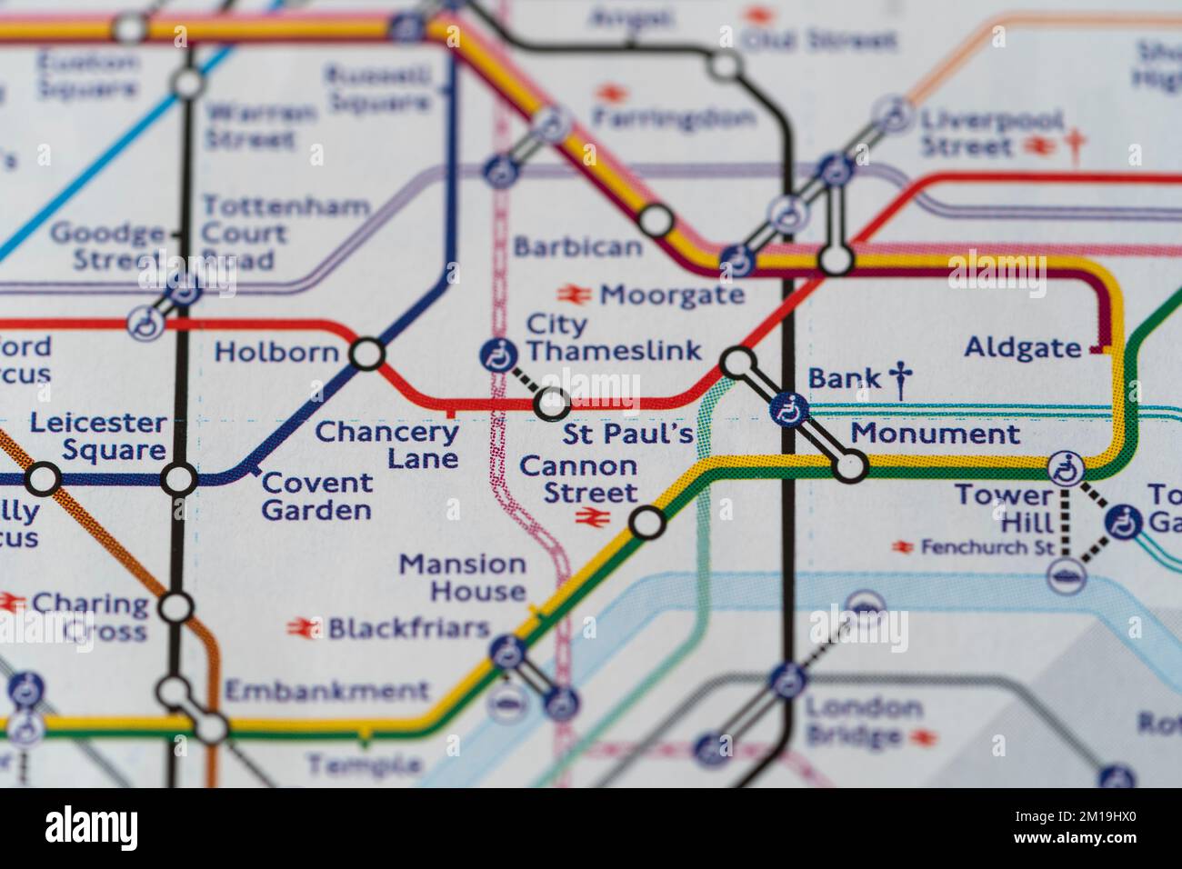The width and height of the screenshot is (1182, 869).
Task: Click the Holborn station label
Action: (x=276, y=352)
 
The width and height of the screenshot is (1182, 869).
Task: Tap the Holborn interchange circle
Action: (x=367, y=355)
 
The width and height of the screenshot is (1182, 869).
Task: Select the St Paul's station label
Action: (x=627, y=434)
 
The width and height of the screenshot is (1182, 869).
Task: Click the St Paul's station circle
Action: (x=552, y=403)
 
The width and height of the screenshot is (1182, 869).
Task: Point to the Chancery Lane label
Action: (x=387, y=444)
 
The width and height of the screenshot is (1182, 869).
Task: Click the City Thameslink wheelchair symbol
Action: (x=497, y=354)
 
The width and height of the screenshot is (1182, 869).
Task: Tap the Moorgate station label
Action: (x=672, y=295)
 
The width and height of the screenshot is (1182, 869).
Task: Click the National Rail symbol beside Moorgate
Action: (x=576, y=294)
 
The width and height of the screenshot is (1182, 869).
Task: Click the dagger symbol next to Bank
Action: (x=900, y=379)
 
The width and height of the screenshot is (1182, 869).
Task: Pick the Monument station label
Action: (x=935, y=434)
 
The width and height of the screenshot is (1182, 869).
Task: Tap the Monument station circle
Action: (x=850, y=467)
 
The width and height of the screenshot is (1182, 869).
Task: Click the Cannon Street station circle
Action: (x=646, y=523)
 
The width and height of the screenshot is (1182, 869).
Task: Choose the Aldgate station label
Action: (x=1023, y=347)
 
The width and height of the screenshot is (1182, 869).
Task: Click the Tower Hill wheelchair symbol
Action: (x=1066, y=468)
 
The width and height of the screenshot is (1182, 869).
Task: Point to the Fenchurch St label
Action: (x=987, y=547)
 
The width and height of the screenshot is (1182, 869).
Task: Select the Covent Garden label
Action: (x=316, y=496)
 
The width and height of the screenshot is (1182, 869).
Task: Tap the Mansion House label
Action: (x=464, y=577)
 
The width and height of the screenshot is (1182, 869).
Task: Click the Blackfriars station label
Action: (x=408, y=627)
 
